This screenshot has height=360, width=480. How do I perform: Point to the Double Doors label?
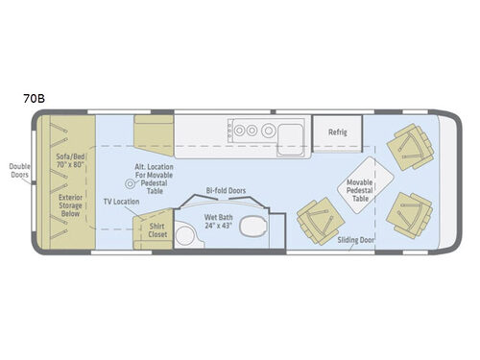[18, 170]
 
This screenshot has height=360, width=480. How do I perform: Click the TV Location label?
[122, 202]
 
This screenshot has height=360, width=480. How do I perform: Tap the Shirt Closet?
[156, 230]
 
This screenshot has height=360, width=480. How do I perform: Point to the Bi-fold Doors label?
[227, 190]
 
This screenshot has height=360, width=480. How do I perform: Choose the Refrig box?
[338, 131]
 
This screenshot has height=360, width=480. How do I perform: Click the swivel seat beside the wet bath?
[315, 221]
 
